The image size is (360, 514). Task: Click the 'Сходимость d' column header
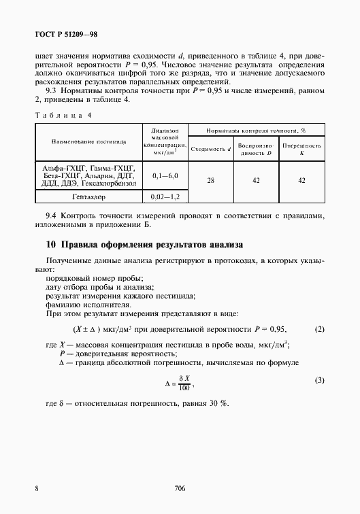pyautogui.click(x=210, y=147)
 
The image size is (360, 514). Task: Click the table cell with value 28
pyautogui.click(x=210, y=179)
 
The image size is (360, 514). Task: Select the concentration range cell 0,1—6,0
pyautogui.click(x=165, y=175)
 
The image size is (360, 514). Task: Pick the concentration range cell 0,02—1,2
pyautogui.click(x=165, y=197)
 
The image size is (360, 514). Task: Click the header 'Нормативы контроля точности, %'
pyautogui.click(x=255, y=128)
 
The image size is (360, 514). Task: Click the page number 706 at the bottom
pyautogui.click(x=180, y=488)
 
